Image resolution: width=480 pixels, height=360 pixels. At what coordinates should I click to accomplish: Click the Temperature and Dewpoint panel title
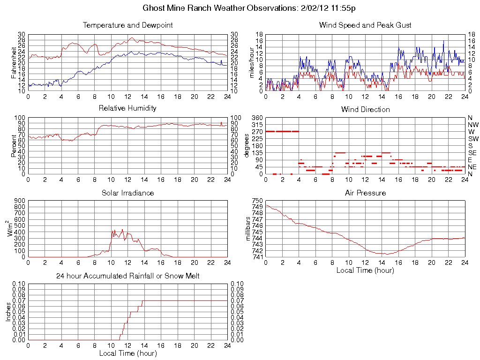(x=127, y=25)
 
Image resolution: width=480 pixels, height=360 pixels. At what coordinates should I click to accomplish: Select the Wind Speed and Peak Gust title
(x=365, y=25)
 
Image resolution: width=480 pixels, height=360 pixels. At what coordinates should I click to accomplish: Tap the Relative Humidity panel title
(x=127, y=108)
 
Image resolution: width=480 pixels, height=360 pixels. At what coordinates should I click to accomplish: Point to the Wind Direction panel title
(x=365, y=109)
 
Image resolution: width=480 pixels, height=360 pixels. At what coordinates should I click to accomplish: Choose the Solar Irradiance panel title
(x=127, y=193)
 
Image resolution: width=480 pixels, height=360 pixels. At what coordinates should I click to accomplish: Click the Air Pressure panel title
(x=365, y=193)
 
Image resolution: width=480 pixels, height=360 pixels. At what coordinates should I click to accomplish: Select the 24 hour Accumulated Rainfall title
(x=127, y=276)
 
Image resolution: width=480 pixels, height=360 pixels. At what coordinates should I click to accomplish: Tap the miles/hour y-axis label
(x=251, y=63)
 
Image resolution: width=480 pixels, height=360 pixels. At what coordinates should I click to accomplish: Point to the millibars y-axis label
(x=248, y=229)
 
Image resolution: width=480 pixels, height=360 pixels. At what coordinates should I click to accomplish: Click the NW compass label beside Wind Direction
(x=473, y=125)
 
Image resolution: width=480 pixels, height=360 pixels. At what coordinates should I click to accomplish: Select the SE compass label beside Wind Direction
(x=472, y=153)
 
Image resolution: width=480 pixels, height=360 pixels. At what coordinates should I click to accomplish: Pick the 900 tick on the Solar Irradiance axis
(x=20, y=201)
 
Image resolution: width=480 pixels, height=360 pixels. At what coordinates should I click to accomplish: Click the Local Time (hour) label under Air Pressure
(x=365, y=270)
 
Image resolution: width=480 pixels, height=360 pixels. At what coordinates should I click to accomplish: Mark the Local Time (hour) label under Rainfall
(x=127, y=353)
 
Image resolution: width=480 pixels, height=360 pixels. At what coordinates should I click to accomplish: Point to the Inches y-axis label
(x=8, y=312)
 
